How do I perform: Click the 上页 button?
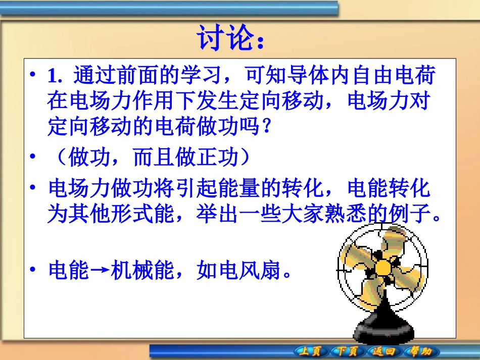[x=310, y=351]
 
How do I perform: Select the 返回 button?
[x=384, y=351]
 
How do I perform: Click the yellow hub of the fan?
[x=382, y=267]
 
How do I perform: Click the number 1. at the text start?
[x=54, y=77]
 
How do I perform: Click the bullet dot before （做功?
[x=33, y=158]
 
